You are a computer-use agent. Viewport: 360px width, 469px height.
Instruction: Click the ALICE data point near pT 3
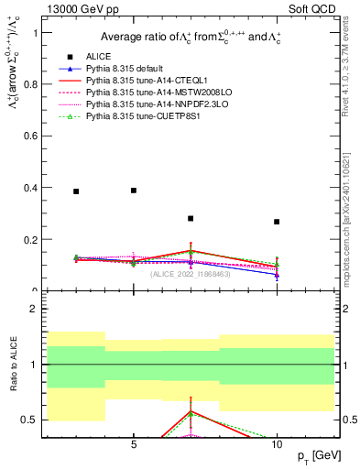tap(76, 191)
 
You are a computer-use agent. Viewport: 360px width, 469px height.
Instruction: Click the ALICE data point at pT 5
tap(134, 191)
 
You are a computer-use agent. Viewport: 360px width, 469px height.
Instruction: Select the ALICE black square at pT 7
tap(191, 218)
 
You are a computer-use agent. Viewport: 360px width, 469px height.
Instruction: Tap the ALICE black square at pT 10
tap(277, 222)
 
